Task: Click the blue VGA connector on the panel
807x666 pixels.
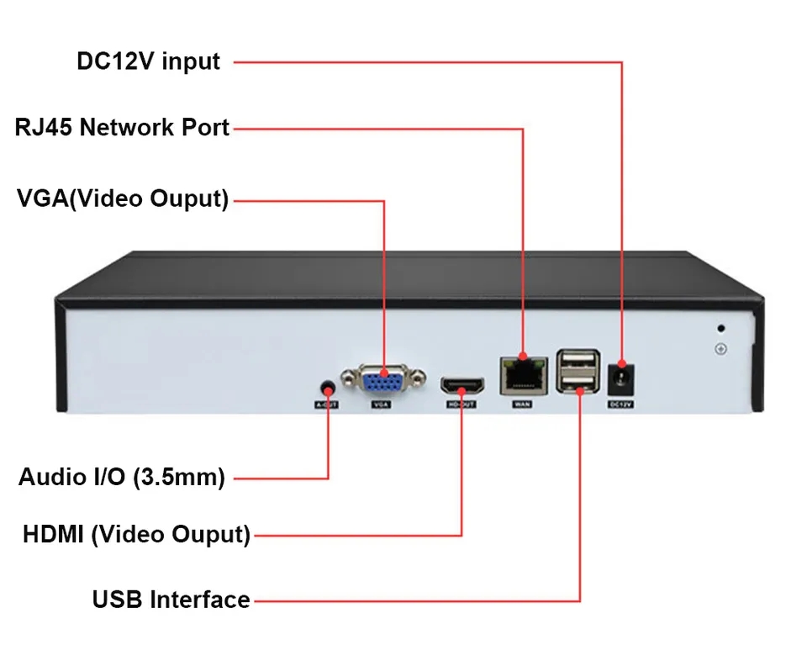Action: pyautogui.click(x=384, y=380)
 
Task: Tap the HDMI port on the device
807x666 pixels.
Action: pyautogui.click(x=462, y=388)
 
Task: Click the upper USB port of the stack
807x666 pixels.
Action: pyautogui.click(x=578, y=363)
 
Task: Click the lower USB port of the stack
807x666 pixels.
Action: pyautogui.click(x=578, y=385)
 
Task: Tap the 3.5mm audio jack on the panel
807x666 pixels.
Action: pyautogui.click(x=328, y=388)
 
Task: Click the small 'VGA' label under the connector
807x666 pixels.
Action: pyautogui.click(x=381, y=404)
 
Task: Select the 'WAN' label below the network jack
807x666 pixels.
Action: pyautogui.click(x=521, y=404)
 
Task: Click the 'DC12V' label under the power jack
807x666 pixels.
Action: pyautogui.click(x=620, y=404)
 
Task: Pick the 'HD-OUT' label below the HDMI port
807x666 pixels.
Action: pyautogui.click(x=462, y=404)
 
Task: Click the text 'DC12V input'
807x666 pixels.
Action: pyautogui.click(x=149, y=61)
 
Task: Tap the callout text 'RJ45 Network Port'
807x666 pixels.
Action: pyautogui.click(x=123, y=128)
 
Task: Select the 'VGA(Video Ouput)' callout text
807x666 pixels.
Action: pyautogui.click(x=123, y=200)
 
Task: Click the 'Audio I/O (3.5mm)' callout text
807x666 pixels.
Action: pyautogui.click(x=122, y=478)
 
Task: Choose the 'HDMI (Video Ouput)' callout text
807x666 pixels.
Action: pyautogui.click(x=136, y=534)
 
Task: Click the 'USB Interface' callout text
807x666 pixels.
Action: pyautogui.click(x=171, y=600)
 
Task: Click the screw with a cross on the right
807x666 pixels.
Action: pyautogui.click(x=720, y=349)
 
